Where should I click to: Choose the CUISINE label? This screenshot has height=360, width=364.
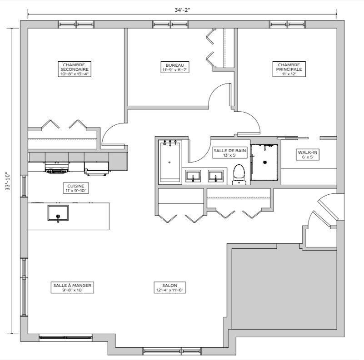click(75, 188)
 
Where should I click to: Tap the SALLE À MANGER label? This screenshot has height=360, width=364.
click(72, 287)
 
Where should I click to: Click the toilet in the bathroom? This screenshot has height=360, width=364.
click(239, 175)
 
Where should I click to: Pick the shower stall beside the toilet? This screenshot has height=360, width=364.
click(264, 162)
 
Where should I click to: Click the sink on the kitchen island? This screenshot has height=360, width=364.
click(58, 213)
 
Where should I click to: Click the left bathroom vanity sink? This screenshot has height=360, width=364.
click(193, 176)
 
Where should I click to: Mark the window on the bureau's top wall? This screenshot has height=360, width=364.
click(165, 25)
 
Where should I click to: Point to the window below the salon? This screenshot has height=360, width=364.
click(162, 351)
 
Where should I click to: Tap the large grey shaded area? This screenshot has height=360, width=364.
click(284, 288)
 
